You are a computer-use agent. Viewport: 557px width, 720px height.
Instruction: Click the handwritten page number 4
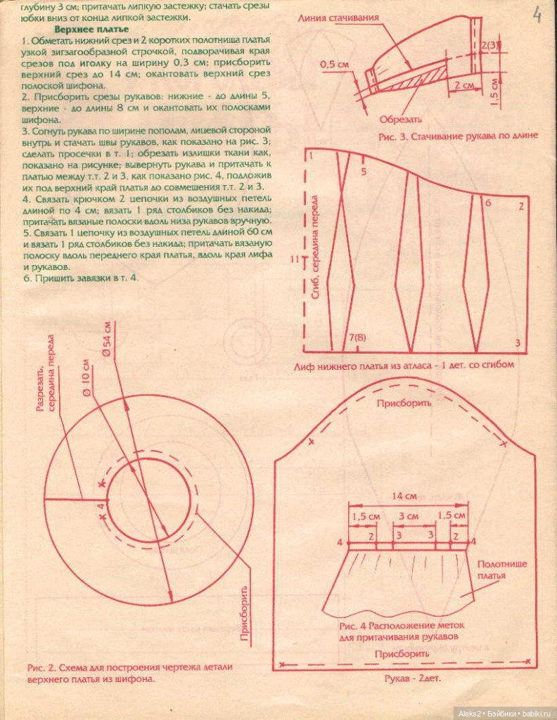pos(537,15)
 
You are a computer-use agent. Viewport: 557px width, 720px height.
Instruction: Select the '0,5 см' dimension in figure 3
pos(334,64)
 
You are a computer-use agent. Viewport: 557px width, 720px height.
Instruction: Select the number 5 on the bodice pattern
pos(363,171)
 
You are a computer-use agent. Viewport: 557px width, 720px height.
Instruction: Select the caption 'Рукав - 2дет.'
pos(411,679)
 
